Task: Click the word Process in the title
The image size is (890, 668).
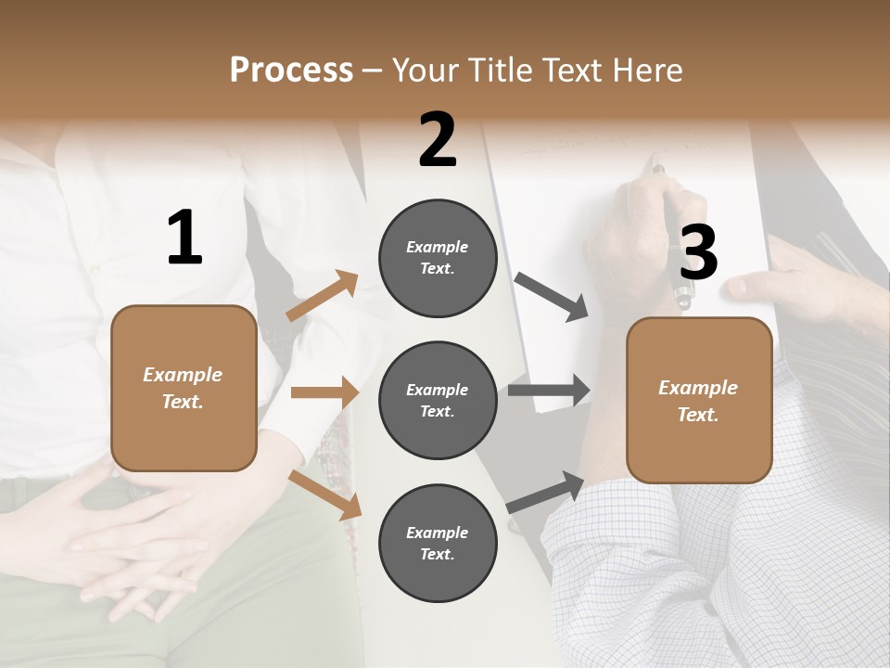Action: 291,71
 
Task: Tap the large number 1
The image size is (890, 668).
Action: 184,238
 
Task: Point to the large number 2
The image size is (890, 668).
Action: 438,140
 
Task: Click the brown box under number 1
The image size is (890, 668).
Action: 184,388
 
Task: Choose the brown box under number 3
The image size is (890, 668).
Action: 699,400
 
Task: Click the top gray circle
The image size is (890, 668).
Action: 438,258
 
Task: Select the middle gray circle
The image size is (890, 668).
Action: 438,400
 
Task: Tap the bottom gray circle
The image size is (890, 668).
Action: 438,543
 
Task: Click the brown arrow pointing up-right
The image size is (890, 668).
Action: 322,296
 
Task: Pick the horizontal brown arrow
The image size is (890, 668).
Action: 324,392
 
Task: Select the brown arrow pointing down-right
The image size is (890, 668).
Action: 325,494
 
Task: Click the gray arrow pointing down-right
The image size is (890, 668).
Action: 552,297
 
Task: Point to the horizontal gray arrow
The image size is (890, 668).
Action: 548,390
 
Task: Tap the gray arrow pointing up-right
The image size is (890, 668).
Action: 545,492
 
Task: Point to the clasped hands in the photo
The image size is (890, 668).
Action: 139,538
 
